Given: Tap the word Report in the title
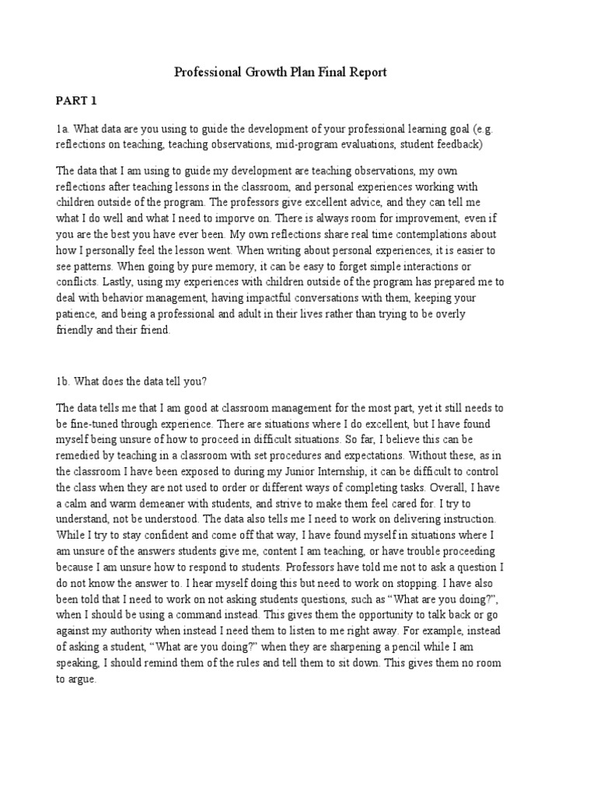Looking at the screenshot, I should coord(365,72).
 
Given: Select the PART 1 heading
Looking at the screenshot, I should coord(75,101).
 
